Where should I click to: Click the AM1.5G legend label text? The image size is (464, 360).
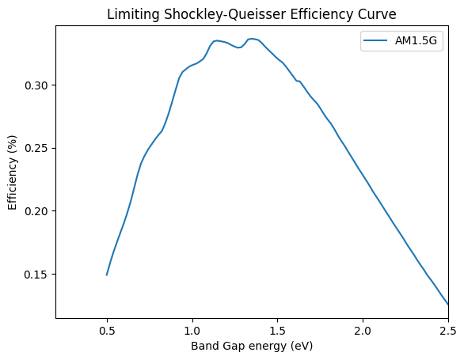(x=416, y=40)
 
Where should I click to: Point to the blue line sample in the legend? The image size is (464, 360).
(x=375, y=40)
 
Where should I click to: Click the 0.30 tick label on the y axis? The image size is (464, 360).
(x=36, y=85)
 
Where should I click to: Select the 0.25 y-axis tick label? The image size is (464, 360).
(x=36, y=148)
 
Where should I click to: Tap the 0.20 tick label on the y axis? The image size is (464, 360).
(x=36, y=211)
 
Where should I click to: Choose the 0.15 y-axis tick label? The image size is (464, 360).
(x=36, y=275)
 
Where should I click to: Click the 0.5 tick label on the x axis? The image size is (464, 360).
(x=107, y=331)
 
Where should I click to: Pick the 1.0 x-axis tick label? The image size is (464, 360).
(x=192, y=331)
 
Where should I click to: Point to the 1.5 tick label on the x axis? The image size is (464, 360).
(x=278, y=331)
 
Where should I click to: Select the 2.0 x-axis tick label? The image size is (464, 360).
(x=363, y=331)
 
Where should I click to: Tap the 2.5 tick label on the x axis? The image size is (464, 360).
(x=448, y=331)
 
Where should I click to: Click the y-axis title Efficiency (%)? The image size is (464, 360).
(x=12, y=172)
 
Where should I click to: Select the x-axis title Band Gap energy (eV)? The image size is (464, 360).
(x=252, y=346)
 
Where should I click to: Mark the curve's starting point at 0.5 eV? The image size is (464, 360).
(x=107, y=275)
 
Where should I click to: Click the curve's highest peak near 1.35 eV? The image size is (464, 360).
(x=251, y=39)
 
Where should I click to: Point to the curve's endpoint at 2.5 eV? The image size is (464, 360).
(x=448, y=305)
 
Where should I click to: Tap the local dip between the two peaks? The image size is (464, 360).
(x=239, y=47)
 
